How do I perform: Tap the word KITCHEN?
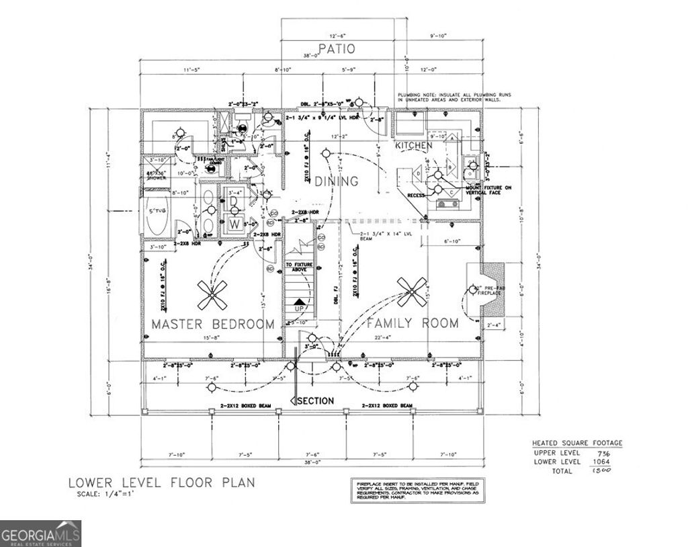click(413, 145)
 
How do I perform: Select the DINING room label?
click(337, 181)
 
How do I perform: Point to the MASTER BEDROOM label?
click(212, 324)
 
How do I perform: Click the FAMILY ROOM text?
click(412, 323)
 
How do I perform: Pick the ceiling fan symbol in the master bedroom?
click(212, 292)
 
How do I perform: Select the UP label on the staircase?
click(300, 308)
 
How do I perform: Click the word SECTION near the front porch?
click(315, 401)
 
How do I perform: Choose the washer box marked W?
click(234, 222)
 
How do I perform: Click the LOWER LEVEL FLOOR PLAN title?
click(161, 482)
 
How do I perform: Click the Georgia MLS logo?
click(40, 534)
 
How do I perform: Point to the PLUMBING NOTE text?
click(454, 97)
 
